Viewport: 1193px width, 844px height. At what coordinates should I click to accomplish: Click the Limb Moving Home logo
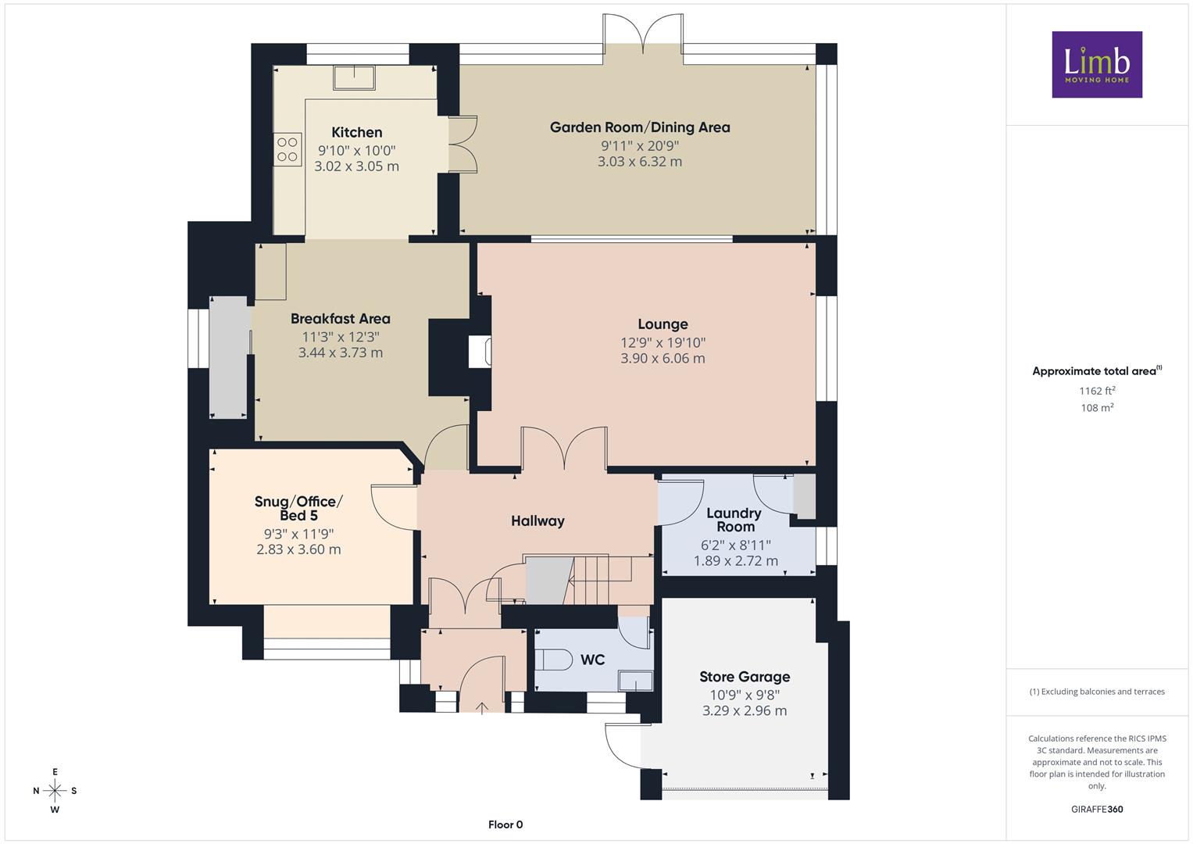click(x=1097, y=64)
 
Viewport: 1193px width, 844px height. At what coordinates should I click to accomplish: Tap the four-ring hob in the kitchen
click(x=288, y=149)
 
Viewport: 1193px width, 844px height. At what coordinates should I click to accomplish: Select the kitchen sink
click(x=354, y=78)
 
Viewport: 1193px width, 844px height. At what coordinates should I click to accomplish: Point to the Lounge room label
click(x=663, y=324)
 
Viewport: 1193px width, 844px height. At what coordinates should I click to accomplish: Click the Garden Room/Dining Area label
click(x=640, y=127)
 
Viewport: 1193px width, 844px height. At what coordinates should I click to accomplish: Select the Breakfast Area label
click(x=341, y=319)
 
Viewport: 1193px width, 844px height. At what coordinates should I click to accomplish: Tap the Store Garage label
click(x=745, y=677)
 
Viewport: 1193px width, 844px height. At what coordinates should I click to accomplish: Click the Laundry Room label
click(x=734, y=520)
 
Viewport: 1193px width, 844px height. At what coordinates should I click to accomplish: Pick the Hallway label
click(x=538, y=520)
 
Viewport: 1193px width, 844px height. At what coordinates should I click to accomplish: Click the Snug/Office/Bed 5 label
click(x=298, y=508)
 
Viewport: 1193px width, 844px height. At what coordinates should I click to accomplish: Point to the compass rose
click(x=55, y=791)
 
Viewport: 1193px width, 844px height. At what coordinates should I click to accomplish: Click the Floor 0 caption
click(x=505, y=824)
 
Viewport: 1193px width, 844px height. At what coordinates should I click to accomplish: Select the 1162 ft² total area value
click(x=1097, y=391)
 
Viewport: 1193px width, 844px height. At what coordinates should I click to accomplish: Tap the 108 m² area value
click(x=1097, y=408)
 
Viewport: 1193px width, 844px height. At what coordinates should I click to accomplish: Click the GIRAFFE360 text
click(x=1097, y=809)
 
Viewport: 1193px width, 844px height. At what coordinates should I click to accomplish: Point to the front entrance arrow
click(x=482, y=707)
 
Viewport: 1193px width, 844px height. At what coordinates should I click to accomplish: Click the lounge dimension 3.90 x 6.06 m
click(x=663, y=358)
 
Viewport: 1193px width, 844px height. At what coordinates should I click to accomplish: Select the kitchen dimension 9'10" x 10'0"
click(x=357, y=150)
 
